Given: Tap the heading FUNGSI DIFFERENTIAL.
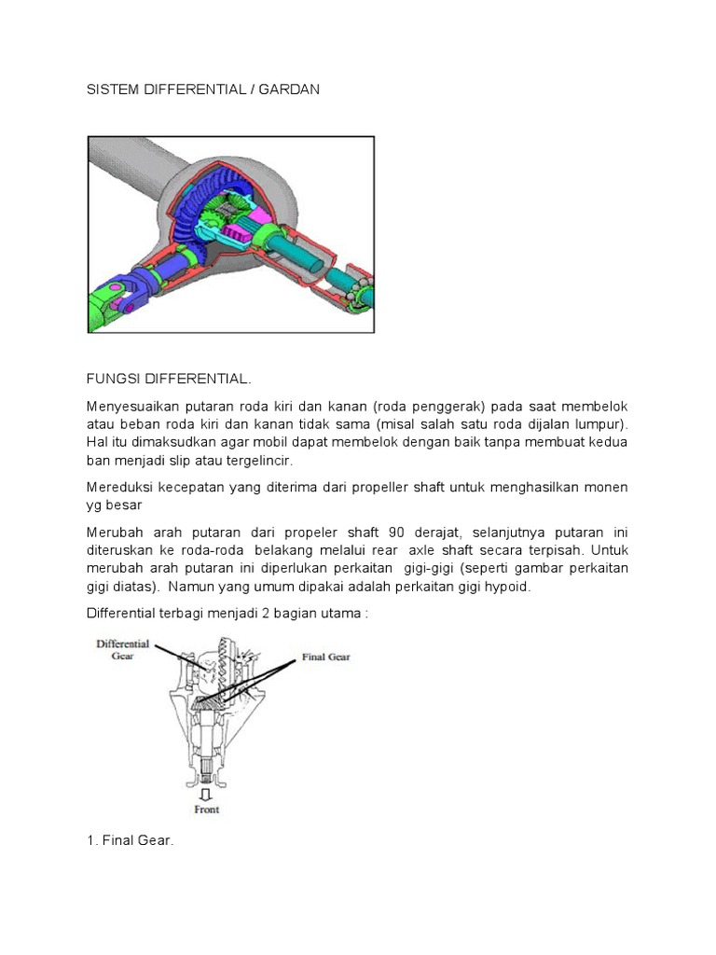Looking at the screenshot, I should click(168, 380).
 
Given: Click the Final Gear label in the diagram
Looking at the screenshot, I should click(325, 657).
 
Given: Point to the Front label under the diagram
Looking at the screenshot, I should click(206, 810).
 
